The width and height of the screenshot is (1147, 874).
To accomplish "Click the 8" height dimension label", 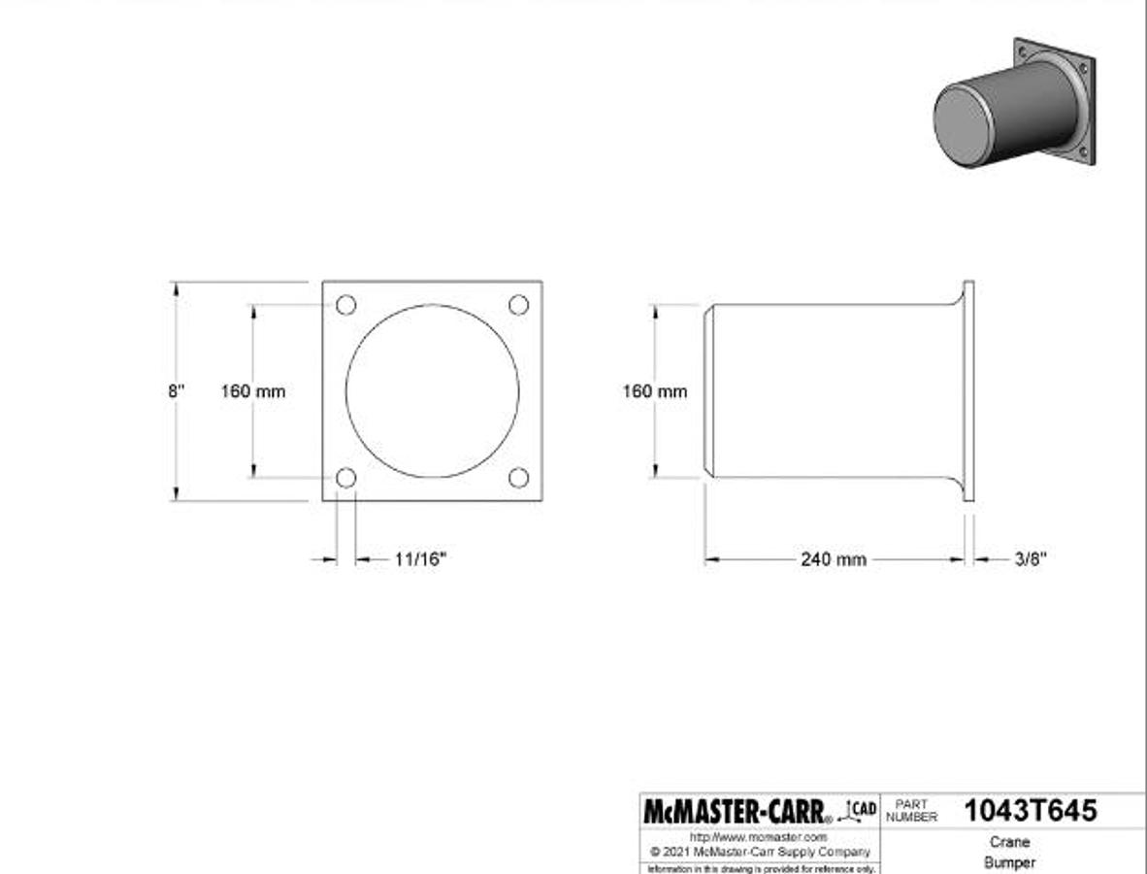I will click(x=176, y=391).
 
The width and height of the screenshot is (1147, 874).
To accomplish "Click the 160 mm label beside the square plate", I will click(x=253, y=391).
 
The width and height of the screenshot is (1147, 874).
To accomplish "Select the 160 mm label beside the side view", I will click(x=654, y=391).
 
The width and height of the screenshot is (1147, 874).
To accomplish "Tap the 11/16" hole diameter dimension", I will click(x=420, y=559).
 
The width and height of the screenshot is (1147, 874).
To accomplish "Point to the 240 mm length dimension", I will click(x=834, y=559).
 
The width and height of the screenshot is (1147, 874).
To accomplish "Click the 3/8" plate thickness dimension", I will click(x=1031, y=559).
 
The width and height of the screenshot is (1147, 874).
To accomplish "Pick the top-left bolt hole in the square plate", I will click(x=346, y=305).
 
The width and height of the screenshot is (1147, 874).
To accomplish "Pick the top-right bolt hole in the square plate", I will click(x=519, y=305).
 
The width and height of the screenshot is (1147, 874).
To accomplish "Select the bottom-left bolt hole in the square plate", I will click(x=346, y=478).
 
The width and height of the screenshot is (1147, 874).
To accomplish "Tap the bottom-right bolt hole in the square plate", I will click(x=519, y=478).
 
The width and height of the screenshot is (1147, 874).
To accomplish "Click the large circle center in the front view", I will click(x=433, y=391).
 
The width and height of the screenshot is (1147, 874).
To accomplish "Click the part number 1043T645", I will click(x=1030, y=811).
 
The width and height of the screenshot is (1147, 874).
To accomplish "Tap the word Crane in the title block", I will click(x=1009, y=842).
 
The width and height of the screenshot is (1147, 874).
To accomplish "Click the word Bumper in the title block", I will click(x=1009, y=862).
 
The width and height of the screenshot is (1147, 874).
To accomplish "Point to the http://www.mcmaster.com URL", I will click(x=759, y=837).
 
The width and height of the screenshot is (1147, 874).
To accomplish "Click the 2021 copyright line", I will click(x=761, y=852).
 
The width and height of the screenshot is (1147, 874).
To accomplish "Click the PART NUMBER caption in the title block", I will click(x=911, y=811).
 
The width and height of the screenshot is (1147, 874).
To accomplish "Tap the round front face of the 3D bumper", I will click(x=967, y=124).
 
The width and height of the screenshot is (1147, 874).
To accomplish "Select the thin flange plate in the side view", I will click(x=968, y=391).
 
